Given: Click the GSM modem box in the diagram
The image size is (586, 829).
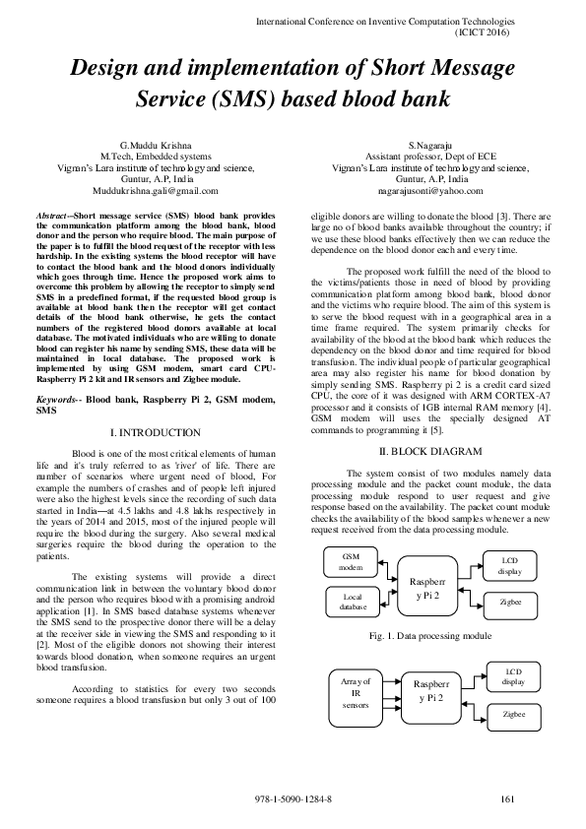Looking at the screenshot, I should [x=352, y=562].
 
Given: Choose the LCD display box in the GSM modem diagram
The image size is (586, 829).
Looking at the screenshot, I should [x=510, y=565].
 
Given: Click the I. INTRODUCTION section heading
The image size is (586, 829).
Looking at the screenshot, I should [x=157, y=433].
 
